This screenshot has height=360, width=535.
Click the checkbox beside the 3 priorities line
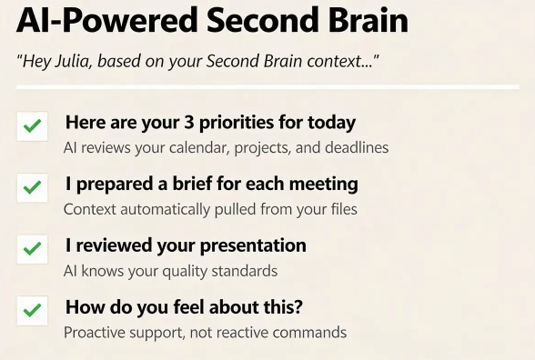(32, 127)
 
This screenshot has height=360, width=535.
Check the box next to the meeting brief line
(32, 188)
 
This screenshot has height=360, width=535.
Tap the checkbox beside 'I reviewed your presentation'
(32, 248)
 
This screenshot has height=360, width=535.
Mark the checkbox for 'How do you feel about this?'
(32, 310)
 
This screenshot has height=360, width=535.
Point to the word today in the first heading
(331, 123)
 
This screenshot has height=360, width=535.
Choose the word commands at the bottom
(313, 332)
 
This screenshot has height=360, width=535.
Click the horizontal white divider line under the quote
(267, 87)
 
